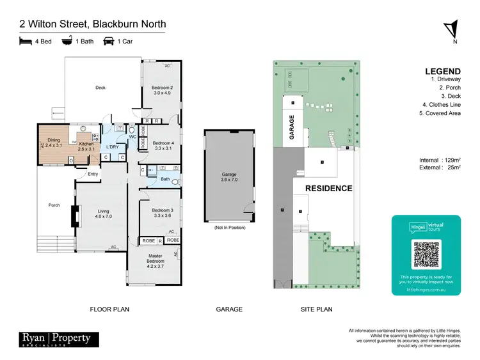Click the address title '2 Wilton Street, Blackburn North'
pos(92,24)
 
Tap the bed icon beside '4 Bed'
pos(26,42)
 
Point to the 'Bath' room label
pos(165,179)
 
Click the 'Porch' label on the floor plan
pos(54,205)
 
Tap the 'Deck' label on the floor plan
pos(100,88)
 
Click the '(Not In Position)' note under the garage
pos(228,227)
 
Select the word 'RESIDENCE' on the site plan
pos(328,189)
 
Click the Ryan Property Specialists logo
pos(54,340)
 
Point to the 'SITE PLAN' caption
pos(317,309)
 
